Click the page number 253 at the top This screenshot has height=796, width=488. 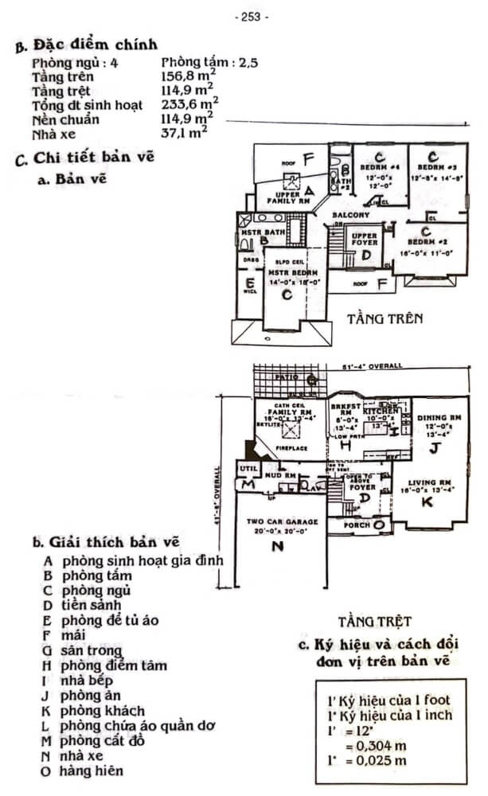(252, 15)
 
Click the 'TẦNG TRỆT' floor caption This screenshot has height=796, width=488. (373, 620)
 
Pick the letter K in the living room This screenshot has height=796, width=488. (427, 502)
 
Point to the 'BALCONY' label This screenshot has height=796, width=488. (350, 215)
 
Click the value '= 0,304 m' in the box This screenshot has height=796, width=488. (380, 746)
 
